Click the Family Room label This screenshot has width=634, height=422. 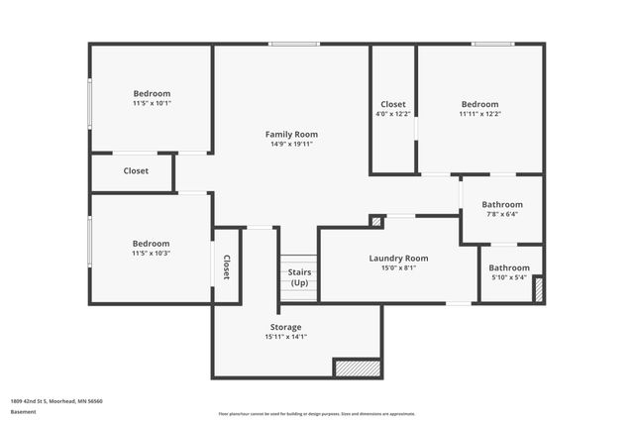[291, 134]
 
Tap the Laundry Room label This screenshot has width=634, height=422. [399, 259]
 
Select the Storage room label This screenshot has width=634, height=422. [286, 327]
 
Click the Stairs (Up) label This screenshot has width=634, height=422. [298, 277]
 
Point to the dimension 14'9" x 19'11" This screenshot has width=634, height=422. [291, 144]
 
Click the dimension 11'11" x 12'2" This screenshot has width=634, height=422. [479, 113]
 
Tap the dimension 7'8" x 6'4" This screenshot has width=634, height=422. [502, 214]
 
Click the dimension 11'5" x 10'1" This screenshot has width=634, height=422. [152, 103]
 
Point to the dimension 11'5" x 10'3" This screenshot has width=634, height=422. [152, 253]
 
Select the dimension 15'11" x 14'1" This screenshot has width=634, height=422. [286, 337]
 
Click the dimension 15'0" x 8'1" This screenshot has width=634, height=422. [399, 267]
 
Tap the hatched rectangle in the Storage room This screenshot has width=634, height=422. [357, 368]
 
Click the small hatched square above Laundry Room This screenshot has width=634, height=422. [376, 221]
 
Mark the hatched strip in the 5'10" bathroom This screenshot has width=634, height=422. [539, 290]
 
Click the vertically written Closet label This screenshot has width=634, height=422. [227, 266]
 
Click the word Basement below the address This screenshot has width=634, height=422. [23, 411]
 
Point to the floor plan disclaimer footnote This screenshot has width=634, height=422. [317, 414]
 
